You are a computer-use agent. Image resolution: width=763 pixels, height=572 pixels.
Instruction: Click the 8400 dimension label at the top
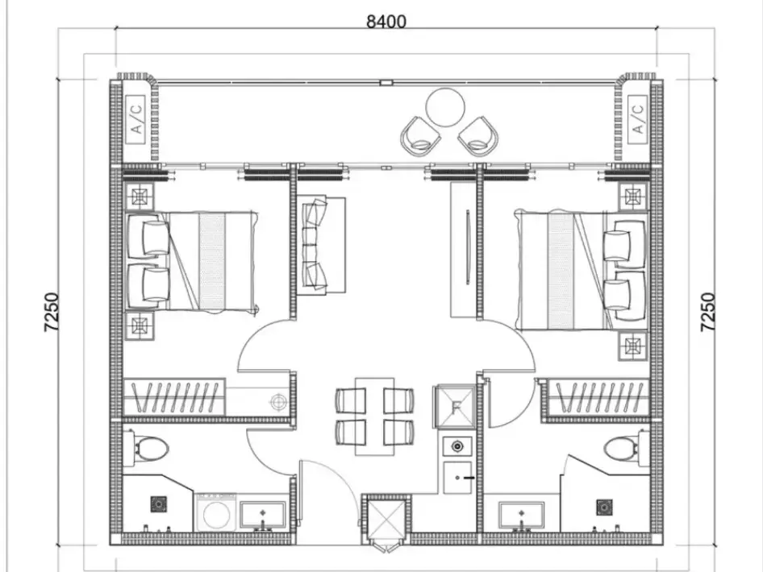[x=386, y=22]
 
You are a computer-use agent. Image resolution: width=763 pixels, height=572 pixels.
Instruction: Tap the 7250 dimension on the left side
[x=52, y=313]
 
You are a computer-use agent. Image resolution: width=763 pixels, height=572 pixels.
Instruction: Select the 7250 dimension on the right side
[x=708, y=313]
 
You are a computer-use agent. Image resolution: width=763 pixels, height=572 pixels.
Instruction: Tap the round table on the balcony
[x=444, y=107]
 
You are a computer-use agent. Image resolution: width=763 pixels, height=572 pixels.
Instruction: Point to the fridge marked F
[x=456, y=407]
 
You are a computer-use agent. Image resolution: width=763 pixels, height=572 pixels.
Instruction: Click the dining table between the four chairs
[x=374, y=417]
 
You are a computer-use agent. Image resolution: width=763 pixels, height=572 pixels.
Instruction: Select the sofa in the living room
[x=321, y=246]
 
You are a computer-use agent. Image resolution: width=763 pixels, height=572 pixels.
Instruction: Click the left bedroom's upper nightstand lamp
[x=140, y=197]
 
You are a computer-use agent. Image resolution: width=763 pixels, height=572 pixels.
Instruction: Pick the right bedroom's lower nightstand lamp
[x=633, y=346]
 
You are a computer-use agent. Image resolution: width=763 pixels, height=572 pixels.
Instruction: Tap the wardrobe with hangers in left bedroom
[x=174, y=397]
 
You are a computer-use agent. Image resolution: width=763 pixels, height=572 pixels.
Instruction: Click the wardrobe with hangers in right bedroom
[x=598, y=398]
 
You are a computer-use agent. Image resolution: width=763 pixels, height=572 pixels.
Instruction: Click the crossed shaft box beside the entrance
[x=386, y=520]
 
